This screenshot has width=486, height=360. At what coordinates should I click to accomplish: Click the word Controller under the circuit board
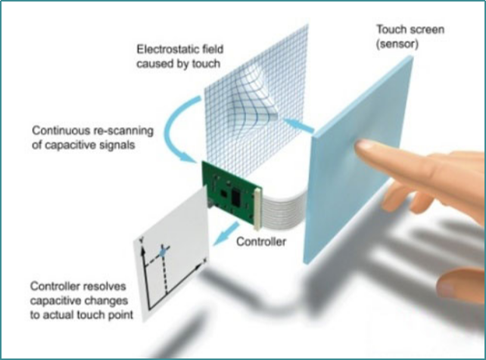(x=261, y=241)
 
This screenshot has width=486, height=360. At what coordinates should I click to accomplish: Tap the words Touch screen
(x=410, y=29)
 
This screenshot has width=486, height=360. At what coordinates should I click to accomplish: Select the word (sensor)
(x=397, y=44)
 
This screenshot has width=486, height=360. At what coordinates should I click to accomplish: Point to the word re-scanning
(x=123, y=131)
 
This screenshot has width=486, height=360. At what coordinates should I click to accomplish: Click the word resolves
(x=104, y=287)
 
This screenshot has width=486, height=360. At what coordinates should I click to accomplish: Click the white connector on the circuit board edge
(x=257, y=209)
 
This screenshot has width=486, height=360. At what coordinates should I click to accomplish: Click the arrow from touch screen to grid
(x=298, y=126)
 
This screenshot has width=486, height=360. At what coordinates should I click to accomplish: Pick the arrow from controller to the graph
(x=227, y=233)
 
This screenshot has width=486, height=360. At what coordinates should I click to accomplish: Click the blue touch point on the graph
(x=163, y=253)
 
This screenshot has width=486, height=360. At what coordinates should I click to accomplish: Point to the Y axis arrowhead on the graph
(x=142, y=250)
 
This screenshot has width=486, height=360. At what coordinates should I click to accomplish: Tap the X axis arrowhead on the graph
(x=199, y=267)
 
